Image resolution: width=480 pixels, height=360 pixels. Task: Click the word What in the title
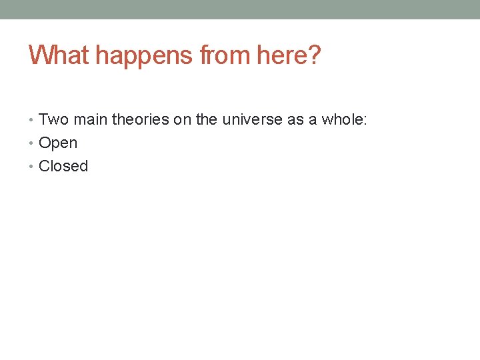(58, 55)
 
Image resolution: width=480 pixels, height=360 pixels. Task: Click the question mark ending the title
(315, 55)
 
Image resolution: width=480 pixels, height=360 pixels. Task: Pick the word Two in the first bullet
(54, 120)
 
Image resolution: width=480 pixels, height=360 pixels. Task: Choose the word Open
(58, 143)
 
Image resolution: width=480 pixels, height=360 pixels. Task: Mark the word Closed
(63, 166)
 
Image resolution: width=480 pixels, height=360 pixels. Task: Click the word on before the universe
(184, 120)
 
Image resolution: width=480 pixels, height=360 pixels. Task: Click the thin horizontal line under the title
(240, 79)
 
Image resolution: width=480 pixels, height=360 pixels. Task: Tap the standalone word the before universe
(207, 120)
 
